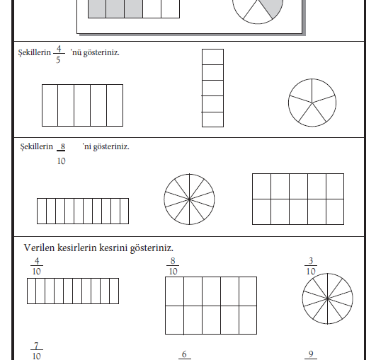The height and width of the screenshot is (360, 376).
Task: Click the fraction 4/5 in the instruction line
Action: pos(59,54)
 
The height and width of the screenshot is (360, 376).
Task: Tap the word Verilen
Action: pos(40,248)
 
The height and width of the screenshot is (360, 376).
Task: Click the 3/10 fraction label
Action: pos(311,266)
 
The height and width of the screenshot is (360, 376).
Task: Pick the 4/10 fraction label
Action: pos(37,266)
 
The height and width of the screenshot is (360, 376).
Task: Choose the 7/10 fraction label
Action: pos(37,351)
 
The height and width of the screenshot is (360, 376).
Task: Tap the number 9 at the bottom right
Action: pos(311,354)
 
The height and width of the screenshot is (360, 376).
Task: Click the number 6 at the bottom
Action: pos(184,354)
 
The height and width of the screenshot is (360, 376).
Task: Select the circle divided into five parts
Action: pos(312,103)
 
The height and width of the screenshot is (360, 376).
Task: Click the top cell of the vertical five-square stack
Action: pos(212,57)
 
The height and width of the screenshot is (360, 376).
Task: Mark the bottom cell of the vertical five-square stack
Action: pos(212,120)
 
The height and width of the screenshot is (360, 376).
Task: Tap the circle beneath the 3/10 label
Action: pos(328,298)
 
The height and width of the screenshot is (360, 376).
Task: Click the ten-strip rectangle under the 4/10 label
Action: pos(73,291)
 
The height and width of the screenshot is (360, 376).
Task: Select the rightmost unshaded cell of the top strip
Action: pos(170,9)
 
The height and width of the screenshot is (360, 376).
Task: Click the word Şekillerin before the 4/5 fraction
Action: pos(35,53)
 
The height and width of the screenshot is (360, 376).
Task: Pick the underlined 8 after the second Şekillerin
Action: pos(62,146)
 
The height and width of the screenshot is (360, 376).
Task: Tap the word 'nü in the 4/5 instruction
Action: pos(76,52)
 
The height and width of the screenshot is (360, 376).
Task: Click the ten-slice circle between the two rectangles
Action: pos(189,199)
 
